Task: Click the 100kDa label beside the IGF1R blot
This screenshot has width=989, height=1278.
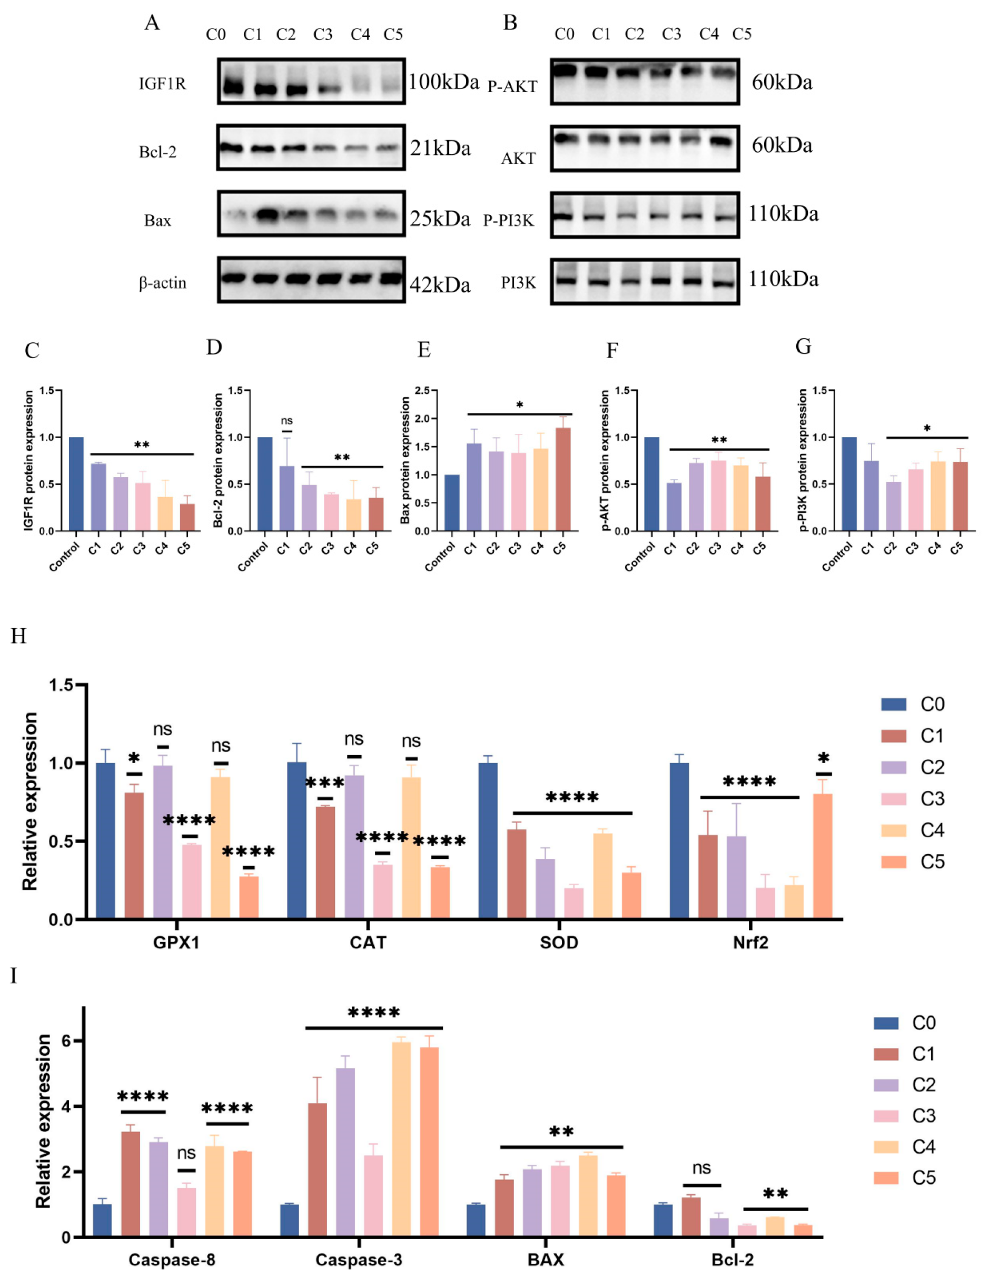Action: coord(443,82)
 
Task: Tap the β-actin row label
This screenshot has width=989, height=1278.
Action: coord(163,283)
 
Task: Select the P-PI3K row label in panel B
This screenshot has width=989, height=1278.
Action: coord(508,221)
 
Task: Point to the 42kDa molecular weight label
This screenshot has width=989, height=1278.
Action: coord(440,285)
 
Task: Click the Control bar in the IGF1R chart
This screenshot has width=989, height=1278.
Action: coord(76,484)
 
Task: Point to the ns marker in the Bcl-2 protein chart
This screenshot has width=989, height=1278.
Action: coord(286,421)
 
